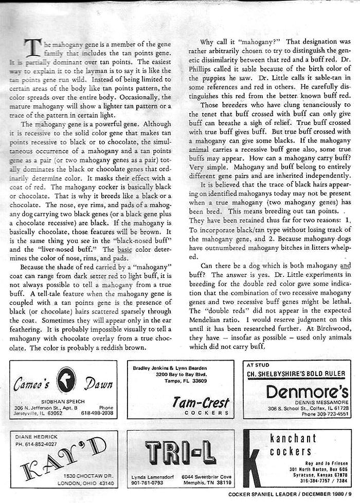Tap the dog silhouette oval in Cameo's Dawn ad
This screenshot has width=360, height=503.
pos(66,380)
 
